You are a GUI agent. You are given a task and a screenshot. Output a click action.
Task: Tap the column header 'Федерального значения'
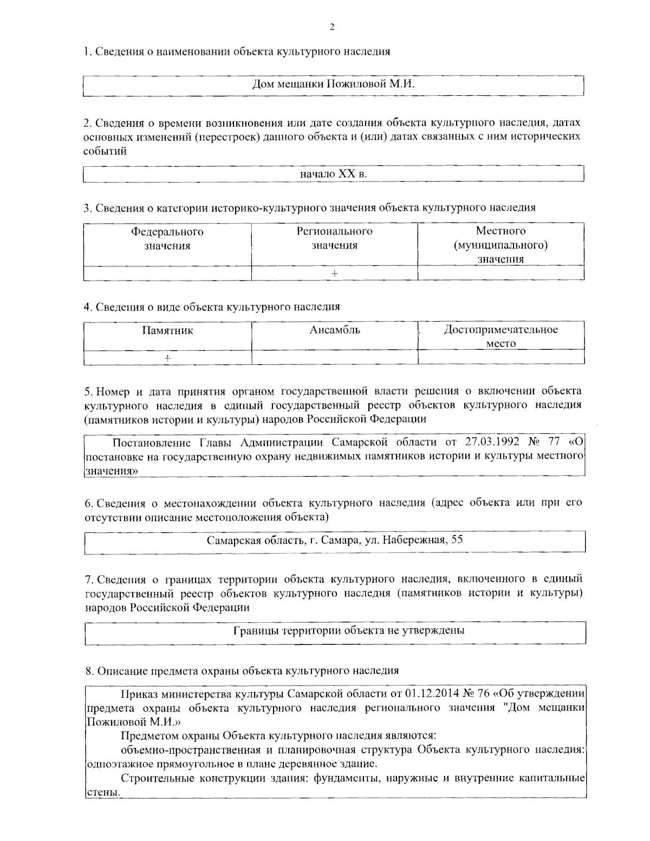[167, 239]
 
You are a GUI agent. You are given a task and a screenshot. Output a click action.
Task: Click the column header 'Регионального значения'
[334, 238]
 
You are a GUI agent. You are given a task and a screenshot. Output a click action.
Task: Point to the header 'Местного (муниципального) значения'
[500, 245]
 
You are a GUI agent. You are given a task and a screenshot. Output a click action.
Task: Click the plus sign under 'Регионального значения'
[334, 273]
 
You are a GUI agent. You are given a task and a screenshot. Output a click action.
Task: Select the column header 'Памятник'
[167, 330]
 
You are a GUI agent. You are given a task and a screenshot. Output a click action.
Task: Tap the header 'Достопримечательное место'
[500, 336]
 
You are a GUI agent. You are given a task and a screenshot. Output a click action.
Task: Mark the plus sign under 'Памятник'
[168, 358]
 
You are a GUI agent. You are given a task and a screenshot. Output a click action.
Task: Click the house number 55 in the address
[457, 540]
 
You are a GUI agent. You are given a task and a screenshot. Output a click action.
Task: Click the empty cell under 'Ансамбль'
[335, 358]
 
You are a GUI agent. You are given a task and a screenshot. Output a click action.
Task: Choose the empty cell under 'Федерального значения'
[167, 273]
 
